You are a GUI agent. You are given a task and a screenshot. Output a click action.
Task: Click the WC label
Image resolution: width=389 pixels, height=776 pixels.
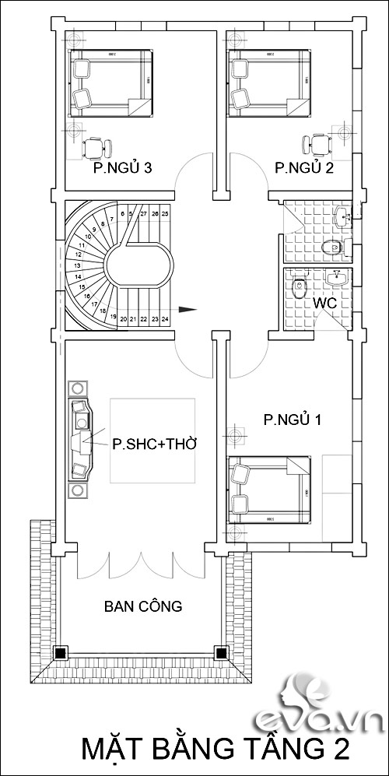pyautogui.click(x=325, y=302)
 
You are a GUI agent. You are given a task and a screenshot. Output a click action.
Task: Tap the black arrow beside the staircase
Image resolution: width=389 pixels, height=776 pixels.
pyautogui.click(x=187, y=309)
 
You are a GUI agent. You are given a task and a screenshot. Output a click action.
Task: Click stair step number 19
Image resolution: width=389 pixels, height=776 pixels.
pyautogui.click(x=114, y=318)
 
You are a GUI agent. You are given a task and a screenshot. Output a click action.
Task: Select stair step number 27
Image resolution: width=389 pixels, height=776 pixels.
pyautogui.click(x=144, y=212)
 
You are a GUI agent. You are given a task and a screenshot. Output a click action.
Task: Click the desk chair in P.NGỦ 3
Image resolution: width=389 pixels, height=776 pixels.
pyautogui.click(x=96, y=146)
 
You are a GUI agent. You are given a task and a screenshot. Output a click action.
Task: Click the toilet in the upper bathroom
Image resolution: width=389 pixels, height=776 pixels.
pyautogui.click(x=331, y=248)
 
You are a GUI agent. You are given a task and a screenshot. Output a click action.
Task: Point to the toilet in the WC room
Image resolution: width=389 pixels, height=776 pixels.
pyautogui.click(x=298, y=289)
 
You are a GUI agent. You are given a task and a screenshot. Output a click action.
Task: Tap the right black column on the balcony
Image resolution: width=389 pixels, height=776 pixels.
pyautogui.click(x=221, y=652)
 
